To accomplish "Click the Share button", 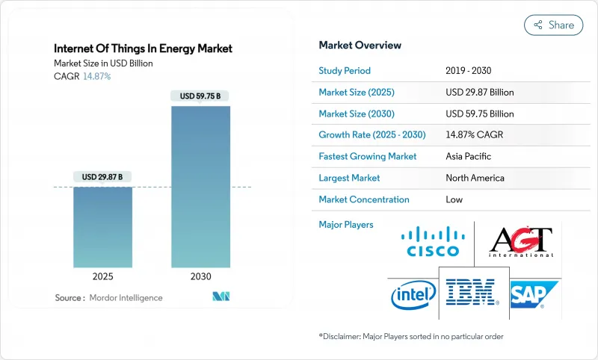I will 553,25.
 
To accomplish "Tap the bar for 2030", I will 201,187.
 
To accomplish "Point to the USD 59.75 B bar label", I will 201,96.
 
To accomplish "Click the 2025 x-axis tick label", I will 104,276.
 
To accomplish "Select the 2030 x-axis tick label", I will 201,276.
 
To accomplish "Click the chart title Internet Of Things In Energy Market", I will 144,49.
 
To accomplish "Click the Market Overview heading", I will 360,46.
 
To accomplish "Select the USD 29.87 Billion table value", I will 479,92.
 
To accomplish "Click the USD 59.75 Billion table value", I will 479,114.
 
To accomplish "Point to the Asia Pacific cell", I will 468,157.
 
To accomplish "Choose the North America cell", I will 474,178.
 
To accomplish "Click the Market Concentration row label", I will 364,199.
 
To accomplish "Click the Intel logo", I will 413,295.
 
